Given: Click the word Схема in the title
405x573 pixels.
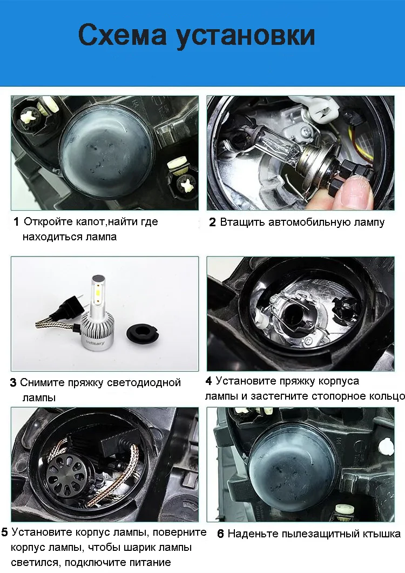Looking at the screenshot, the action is (x=122, y=35).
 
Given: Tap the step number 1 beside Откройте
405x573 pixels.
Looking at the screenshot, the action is (x=16, y=221).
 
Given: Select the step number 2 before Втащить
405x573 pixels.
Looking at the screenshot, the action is (x=212, y=222).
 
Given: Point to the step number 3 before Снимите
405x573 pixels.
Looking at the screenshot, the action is (x=13, y=382).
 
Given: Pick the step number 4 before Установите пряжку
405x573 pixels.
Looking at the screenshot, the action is (x=209, y=381).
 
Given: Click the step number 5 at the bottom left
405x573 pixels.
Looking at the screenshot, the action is (x=4, y=532).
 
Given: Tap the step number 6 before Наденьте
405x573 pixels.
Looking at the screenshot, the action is (x=220, y=534).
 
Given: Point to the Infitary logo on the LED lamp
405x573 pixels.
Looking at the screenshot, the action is (x=95, y=342).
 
